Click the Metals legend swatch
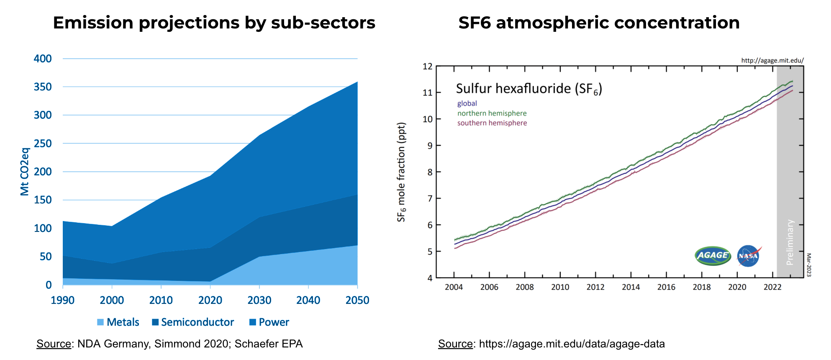tap(100, 322)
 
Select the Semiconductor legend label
tap(197, 322)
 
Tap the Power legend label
tap(274, 322)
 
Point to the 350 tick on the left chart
tap(43, 87)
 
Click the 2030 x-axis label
tap(259, 300)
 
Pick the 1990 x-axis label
tap(63, 300)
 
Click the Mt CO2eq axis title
tap(25, 172)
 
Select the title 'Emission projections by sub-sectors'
tap(214, 23)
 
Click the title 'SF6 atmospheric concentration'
tap(599, 23)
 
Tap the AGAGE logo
tap(713, 255)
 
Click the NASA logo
tap(748, 256)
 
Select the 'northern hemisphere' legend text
tap(492, 113)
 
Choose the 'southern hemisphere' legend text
tap(492, 123)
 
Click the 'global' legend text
tap(467, 103)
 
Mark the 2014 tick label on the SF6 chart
tap(631, 287)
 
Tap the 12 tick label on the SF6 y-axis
tap(427, 67)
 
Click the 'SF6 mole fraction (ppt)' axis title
tap(401, 172)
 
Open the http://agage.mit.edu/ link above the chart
tap(772, 60)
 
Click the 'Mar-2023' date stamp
tap(809, 265)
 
